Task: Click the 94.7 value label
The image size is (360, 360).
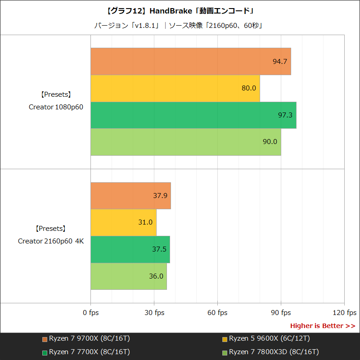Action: click(x=280, y=61)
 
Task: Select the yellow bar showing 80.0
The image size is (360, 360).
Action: click(x=175, y=88)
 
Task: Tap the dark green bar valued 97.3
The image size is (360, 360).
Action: click(x=193, y=115)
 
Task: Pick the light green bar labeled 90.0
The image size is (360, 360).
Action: click(x=185, y=142)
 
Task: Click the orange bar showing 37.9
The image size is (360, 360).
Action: click(x=130, y=196)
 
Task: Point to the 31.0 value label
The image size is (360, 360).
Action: click(x=145, y=222)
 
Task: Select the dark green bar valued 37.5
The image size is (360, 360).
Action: click(x=130, y=249)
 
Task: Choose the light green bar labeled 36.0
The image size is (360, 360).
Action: click(x=128, y=276)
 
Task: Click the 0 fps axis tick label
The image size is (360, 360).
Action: click(x=91, y=313)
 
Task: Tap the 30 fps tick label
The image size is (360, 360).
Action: click(x=154, y=313)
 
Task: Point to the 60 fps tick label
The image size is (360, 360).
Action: click(x=218, y=313)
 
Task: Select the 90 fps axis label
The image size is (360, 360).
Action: click(x=281, y=313)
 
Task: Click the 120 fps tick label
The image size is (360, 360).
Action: click(x=344, y=313)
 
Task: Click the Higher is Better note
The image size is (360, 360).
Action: click(x=322, y=326)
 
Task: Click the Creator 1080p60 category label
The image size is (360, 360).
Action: click(x=56, y=107)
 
